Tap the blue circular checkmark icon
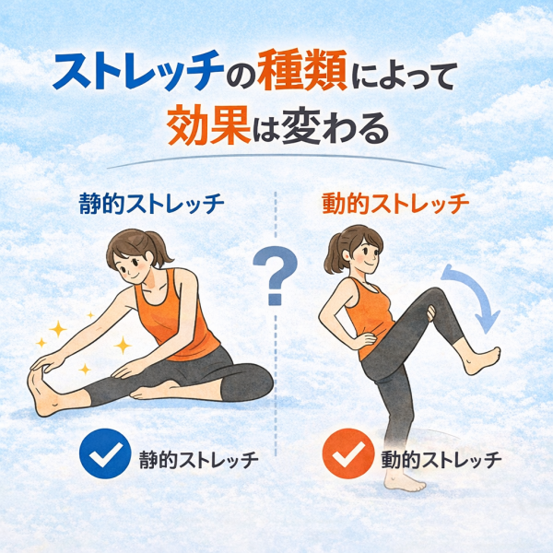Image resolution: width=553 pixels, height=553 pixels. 105,453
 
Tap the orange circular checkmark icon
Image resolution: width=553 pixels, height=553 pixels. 348,453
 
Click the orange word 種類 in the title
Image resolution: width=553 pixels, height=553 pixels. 302,71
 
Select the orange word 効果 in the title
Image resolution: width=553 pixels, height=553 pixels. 209,124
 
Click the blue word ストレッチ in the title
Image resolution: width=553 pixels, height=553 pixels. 138,71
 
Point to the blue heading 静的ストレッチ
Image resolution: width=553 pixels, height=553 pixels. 152,204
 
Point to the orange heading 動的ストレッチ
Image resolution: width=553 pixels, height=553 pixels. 395,204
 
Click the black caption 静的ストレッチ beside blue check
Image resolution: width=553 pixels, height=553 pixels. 199,460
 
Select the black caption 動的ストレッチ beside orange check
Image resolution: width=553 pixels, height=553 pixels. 441,460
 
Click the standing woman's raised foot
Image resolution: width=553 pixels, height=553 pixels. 481,359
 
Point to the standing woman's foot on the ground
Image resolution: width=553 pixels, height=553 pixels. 404,481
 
